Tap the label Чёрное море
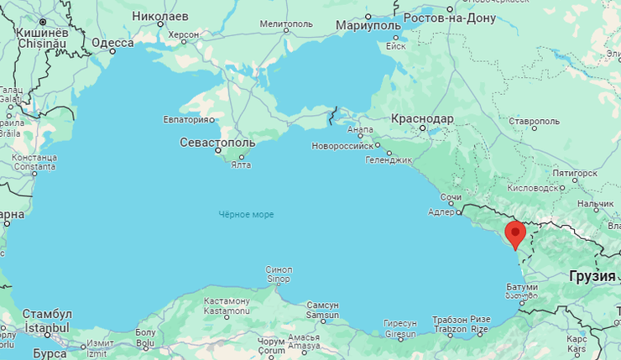(246, 215)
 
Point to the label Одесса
(112, 43)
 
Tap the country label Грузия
(592, 275)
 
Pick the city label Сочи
(451, 197)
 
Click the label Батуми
(521, 288)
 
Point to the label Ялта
(240, 164)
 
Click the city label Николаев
(160, 16)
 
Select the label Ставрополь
(534, 122)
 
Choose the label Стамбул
(47, 314)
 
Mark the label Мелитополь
(286, 23)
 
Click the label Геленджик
(389, 159)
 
